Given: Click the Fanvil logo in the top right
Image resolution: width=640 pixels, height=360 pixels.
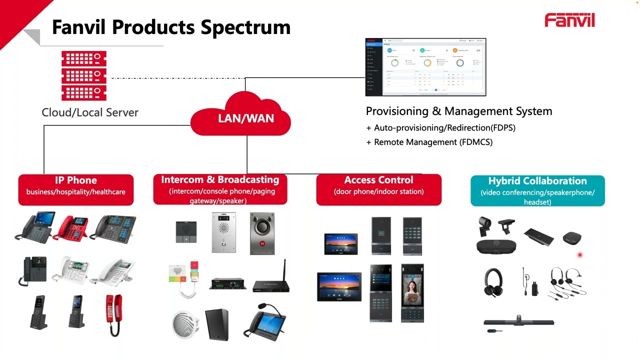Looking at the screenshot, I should coord(569,20).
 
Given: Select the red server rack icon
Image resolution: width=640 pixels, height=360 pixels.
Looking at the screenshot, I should coord(84,75).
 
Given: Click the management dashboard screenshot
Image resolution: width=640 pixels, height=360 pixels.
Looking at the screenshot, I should coord(425,67).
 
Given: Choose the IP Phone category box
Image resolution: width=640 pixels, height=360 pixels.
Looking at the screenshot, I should coord(76,189).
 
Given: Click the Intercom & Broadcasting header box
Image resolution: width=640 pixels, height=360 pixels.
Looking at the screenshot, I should coord(220,189).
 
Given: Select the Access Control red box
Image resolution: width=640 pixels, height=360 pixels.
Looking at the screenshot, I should coord(378,189).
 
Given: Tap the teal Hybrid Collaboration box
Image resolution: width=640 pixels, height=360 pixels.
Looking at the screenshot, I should coord(537,190).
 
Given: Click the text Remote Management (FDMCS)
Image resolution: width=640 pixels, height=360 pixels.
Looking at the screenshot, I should coord(433,142).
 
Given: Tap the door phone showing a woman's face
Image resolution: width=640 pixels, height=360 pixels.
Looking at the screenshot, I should coord(412,293).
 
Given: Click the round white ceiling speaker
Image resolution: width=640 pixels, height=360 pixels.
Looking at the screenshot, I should coord(185,324).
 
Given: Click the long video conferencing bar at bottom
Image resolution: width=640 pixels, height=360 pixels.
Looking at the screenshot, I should coord(518,321).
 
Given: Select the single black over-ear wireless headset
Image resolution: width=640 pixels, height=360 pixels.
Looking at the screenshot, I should coord(494,282).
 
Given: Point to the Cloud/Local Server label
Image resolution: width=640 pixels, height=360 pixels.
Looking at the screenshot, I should coord(90,112).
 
